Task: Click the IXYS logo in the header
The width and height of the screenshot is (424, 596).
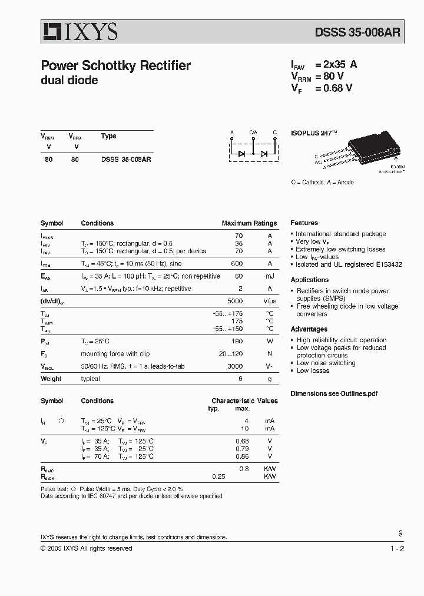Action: tap(79, 31)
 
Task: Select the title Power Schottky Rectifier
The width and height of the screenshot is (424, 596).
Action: tap(115, 66)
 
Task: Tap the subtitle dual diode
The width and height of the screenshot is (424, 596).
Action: tap(69, 80)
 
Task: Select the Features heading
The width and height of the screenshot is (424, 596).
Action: tap(304, 223)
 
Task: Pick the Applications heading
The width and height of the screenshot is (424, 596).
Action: tap(309, 280)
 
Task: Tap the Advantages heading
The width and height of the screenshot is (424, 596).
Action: tap(309, 329)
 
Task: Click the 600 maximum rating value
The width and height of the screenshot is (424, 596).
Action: tap(237, 264)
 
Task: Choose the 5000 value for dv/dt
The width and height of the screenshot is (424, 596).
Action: tap(235, 301)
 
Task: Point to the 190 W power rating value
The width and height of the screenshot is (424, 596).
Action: tap(237, 342)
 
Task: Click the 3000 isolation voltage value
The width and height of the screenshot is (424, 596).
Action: tap(235, 366)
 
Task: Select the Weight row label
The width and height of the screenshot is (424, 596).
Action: tap(51, 379)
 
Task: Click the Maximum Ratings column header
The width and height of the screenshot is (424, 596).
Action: tap(249, 224)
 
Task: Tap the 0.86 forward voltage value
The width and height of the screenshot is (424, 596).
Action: tap(241, 456)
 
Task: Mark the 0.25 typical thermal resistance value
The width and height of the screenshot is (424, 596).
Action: tap(218, 476)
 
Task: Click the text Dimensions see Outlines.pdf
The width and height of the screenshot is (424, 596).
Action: tap(334, 393)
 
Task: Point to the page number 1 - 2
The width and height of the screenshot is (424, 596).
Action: tap(397, 548)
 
